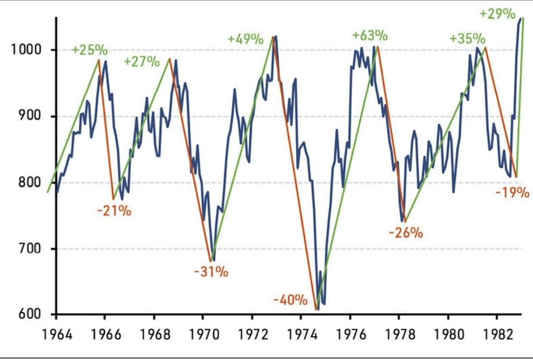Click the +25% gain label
tap(90, 50)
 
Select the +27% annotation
tap(142, 61)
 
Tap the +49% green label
tap(245, 39)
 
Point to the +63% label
tap(370, 36)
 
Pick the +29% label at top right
tap(499, 14)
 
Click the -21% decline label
tap(114, 210)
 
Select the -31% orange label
tap(211, 271)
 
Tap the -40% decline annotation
tap(290, 299)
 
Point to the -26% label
tap(405, 233)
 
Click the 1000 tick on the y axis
tap(26, 50)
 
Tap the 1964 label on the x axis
tap(57, 333)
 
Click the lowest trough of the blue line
tap(318, 309)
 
